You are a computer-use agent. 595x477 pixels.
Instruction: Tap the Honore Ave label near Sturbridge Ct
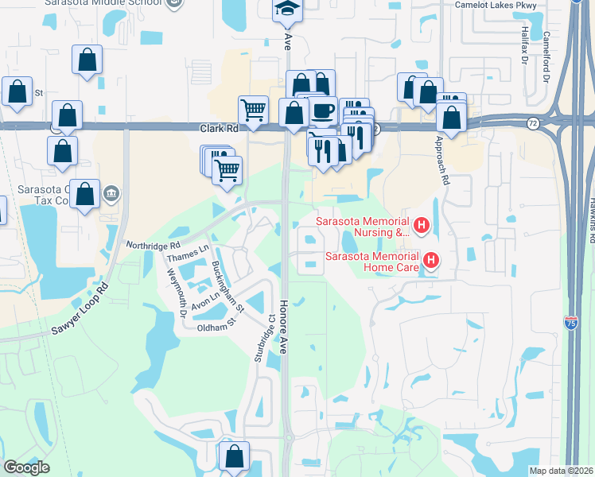tap(282, 326)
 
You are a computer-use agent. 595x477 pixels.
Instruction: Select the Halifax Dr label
tap(524, 47)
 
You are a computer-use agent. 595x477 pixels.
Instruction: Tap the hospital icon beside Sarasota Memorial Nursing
tap(422, 227)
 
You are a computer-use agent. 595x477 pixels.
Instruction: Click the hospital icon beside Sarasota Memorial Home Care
tap(431, 260)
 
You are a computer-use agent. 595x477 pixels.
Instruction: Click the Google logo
tap(26, 467)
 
